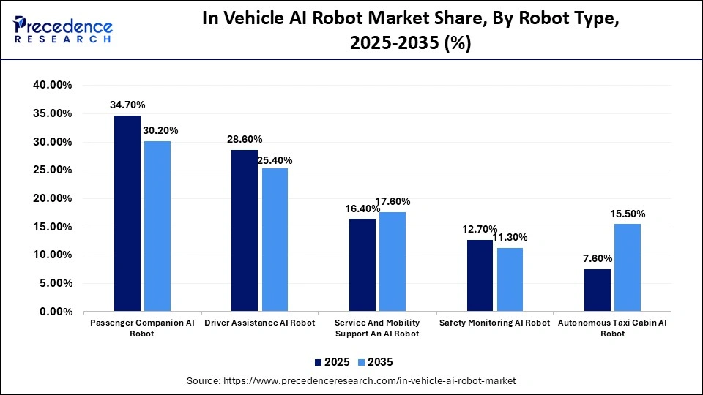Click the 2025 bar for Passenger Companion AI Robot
(127, 214)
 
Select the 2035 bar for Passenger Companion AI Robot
(157, 226)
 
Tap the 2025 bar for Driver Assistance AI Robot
(245, 230)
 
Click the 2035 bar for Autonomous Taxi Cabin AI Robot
(628, 268)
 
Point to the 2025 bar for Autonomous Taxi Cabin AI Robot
(598, 290)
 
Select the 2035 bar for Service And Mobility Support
(393, 262)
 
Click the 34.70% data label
(127, 105)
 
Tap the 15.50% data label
(627, 214)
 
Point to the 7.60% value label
(597, 258)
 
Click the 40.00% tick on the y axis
(52, 85)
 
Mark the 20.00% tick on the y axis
(52, 198)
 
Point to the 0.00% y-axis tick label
(54, 312)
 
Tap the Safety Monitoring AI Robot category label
(494, 323)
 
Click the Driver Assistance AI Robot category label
(259, 323)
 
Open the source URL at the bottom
(351, 381)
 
